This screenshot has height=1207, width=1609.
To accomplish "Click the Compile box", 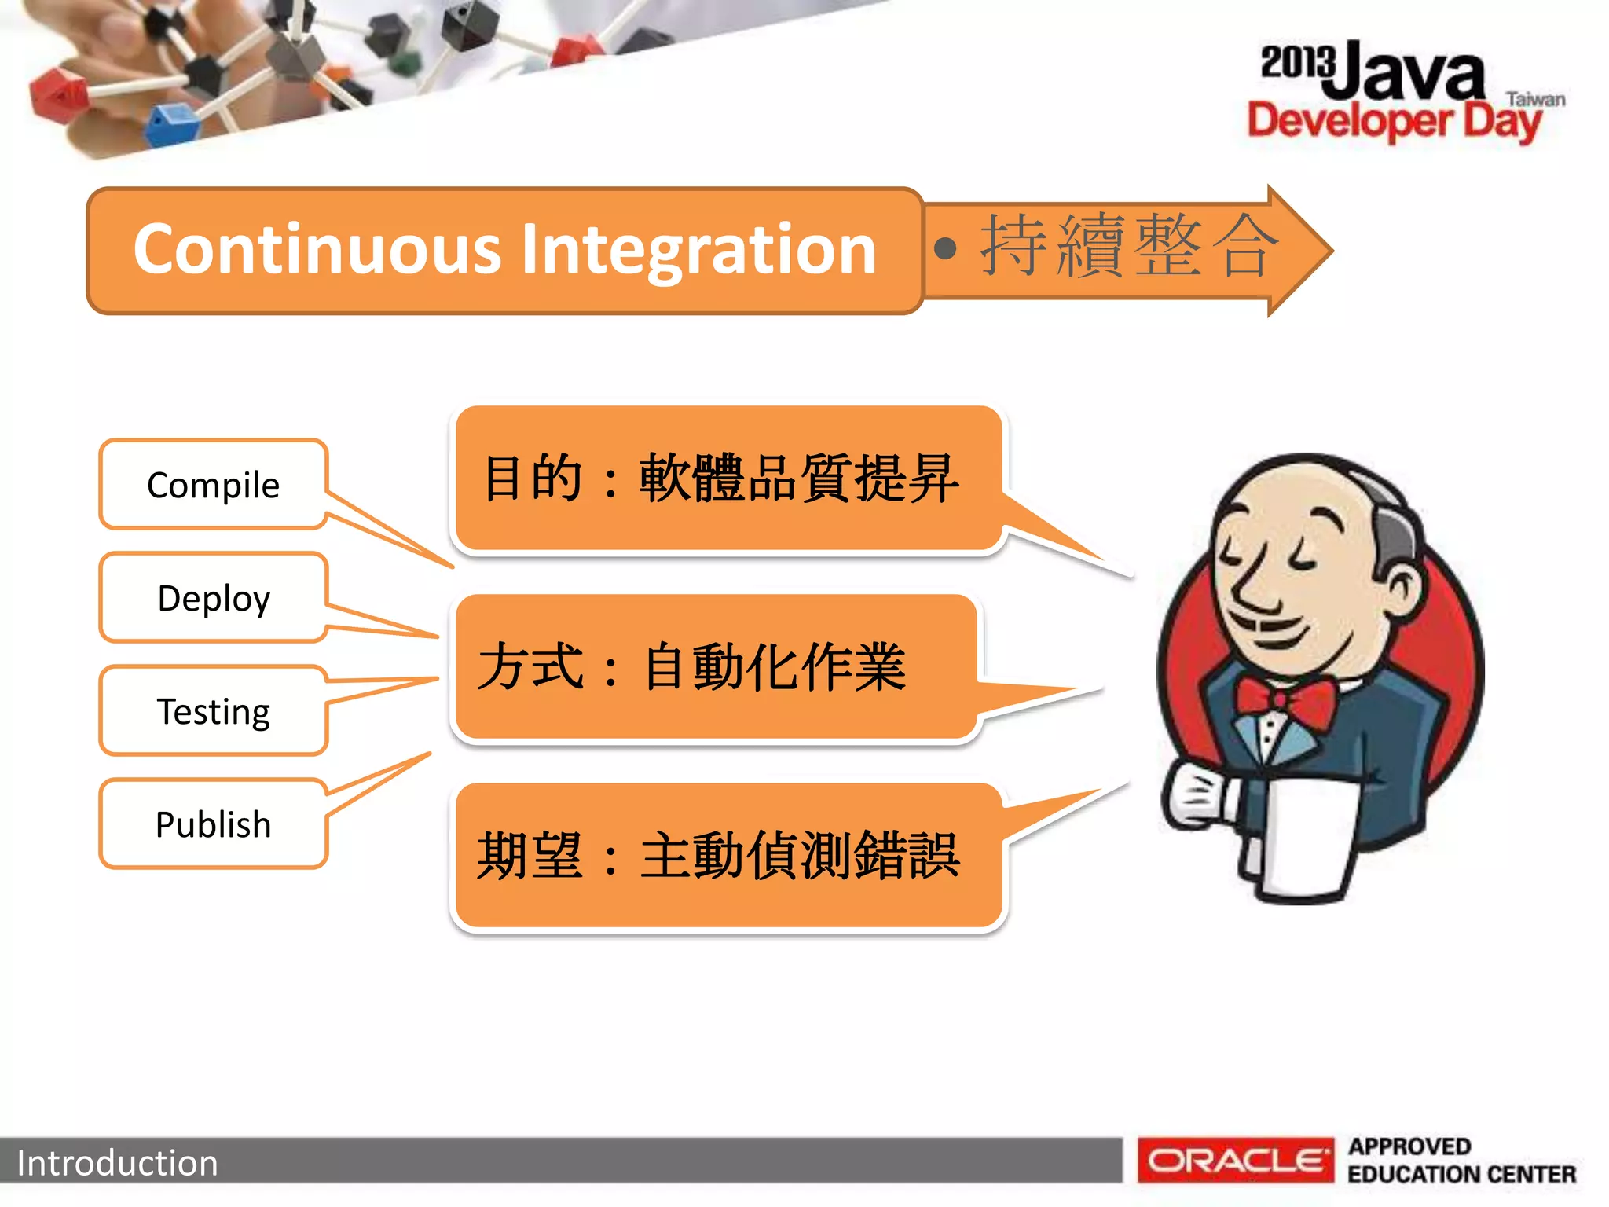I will pos(213,485).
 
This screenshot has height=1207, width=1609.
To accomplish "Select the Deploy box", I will pos(213,598).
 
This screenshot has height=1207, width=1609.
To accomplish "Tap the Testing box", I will pos(213,711).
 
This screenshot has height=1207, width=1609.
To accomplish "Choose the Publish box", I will pos(213,824).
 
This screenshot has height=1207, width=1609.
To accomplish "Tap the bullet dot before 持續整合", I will pos(946,249).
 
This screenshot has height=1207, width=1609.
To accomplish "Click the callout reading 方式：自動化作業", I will pos(691,666).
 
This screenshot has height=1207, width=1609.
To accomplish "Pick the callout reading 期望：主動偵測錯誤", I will pos(718,855).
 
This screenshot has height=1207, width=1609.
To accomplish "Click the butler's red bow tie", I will pos(1285,699).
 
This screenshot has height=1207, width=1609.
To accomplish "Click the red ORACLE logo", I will pos(1235,1160).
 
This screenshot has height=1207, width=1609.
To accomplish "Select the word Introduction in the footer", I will pos(117,1163).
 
